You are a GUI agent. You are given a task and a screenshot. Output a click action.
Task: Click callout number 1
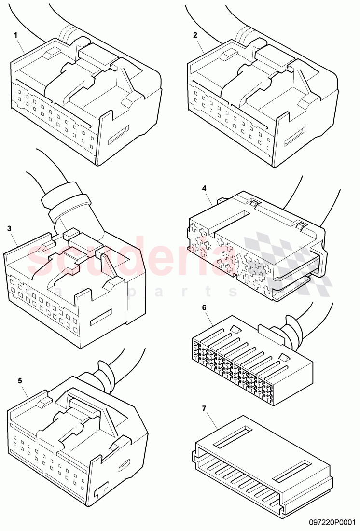15,35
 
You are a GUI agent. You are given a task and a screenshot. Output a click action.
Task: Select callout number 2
195,35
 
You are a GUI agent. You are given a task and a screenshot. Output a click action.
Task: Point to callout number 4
205,188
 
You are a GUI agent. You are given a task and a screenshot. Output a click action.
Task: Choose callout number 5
20,380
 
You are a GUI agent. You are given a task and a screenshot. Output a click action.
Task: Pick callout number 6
204,307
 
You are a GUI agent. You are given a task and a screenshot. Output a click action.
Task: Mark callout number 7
204,408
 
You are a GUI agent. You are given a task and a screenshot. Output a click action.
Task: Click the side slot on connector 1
119,135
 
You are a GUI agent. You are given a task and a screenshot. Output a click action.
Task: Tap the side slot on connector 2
295,136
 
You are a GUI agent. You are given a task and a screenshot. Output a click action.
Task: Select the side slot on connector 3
103,317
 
